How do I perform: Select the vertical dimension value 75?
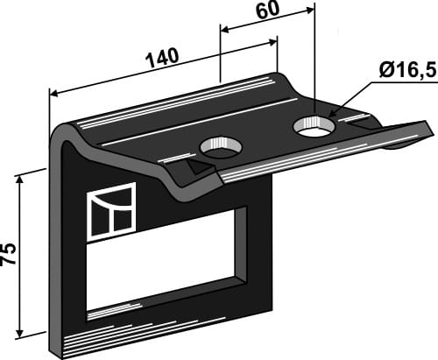[10, 254]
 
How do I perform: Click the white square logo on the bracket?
[110, 211]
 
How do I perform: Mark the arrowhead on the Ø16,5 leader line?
[332, 116]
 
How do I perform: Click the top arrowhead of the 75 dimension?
[20, 175]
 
